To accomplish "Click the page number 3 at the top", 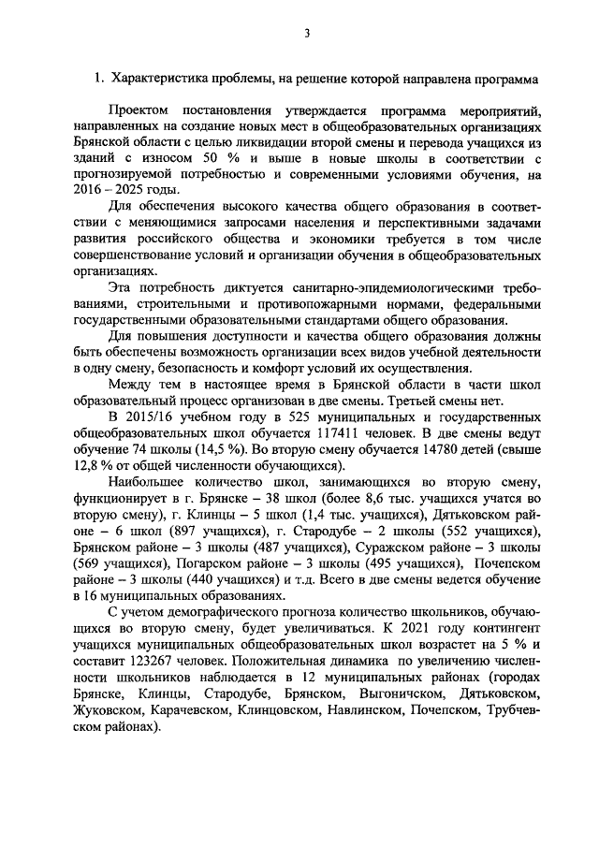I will point(305,35).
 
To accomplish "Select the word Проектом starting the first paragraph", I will point(140,110).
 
